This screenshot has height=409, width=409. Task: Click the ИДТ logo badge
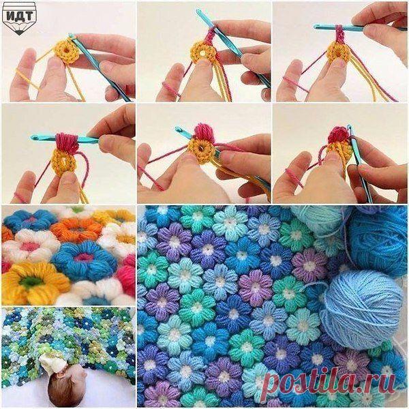pyautogui.click(x=19, y=18)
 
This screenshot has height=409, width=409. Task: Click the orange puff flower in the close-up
pyautogui.click(x=76, y=230)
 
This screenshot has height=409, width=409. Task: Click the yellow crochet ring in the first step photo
pyautogui.click(x=65, y=51)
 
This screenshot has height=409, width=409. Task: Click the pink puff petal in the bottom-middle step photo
pyautogui.click(x=205, y=132)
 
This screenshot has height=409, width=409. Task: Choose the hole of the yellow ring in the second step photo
pyautogui.click(x=202, y=53)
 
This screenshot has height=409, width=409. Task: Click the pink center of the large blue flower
pyautogui.click(x=83, y=257)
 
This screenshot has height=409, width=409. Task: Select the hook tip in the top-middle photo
pyautogui.click(x=198, y=10)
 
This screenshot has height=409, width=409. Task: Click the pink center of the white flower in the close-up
pyautogui.click(x=29, y=247)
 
